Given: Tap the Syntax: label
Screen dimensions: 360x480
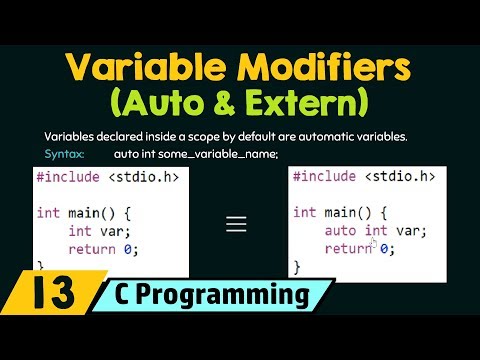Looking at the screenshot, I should click(65, 154).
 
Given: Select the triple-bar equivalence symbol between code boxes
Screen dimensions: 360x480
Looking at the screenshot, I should click(236, 224).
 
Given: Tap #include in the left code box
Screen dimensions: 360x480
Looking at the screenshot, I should click(68, 177).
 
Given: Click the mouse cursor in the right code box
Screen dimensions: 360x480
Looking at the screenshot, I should click(374, 243).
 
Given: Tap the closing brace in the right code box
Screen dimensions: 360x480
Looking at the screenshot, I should click(296, 267).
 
